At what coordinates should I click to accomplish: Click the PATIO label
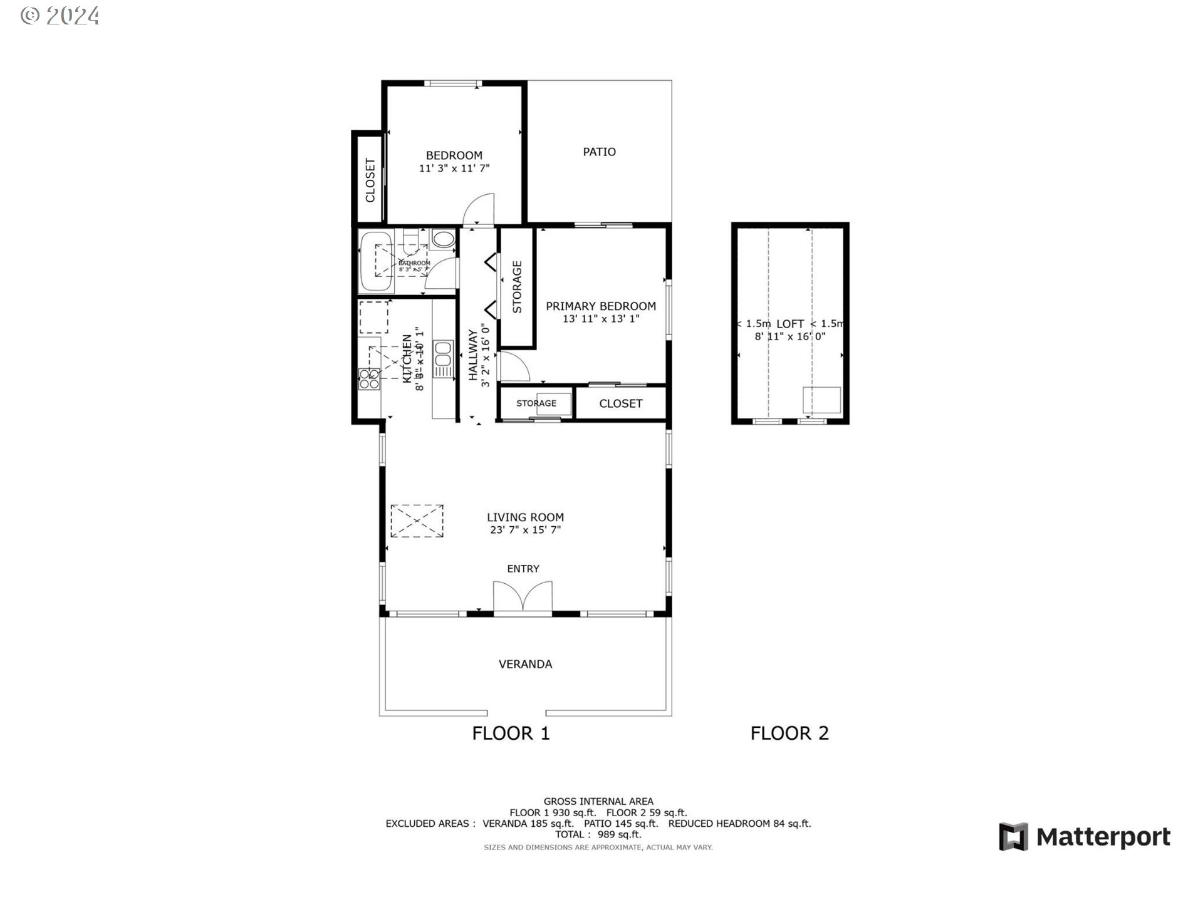[x=599, y=152]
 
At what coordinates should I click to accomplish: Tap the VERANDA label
[x=525, y=664]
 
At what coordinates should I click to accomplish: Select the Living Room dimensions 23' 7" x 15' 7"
[x=525, y=530]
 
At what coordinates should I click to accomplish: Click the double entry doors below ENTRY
[x=523, y=596]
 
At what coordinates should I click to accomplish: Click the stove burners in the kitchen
[x=369, y=380]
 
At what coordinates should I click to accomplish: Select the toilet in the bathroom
[x=444, y=239]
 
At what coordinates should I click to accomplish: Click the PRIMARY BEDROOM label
[x=600, y=306]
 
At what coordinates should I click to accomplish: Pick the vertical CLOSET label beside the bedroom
[x=370, y=180]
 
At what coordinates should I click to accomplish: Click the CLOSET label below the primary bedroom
[x=620, y=404]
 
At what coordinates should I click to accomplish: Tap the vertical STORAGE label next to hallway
[x=517, y=287]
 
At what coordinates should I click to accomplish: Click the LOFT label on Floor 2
[x=789, y=324]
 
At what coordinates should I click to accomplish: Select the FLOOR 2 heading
[x=789, y=733]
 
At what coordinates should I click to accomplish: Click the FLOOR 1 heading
[x=511, y=733]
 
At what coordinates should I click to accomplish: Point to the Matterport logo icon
[x=1013, y=837]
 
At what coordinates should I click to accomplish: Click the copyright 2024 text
[x=60, y=16]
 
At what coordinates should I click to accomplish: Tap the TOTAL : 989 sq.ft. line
[x=598, y=834]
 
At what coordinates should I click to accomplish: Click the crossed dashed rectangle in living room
[x=417, y=521]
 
